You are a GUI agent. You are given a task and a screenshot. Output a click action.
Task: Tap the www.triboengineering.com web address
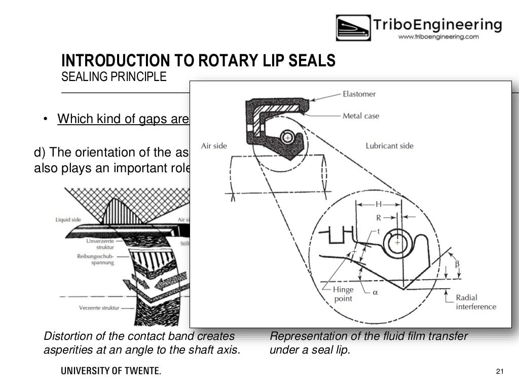click(438, 37)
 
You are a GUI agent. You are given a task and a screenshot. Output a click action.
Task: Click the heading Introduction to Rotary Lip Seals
click(198, 61)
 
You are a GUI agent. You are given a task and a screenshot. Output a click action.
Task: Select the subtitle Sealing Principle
click(114, 77)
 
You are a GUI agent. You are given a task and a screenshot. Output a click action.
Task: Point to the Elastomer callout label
click(358, 94)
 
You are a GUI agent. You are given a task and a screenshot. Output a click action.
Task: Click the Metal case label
click(360, 116)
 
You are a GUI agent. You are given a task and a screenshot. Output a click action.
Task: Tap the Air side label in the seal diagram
click(213, 145)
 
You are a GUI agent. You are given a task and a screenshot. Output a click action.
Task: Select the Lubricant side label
click(389, 146)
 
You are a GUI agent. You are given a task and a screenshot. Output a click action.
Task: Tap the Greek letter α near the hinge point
click(376, 292)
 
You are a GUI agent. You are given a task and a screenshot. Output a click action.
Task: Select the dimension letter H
click(378, 204)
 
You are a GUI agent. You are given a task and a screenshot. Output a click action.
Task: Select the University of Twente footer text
click(111, 372)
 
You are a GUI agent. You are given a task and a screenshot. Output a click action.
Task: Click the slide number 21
click(500, 372)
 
